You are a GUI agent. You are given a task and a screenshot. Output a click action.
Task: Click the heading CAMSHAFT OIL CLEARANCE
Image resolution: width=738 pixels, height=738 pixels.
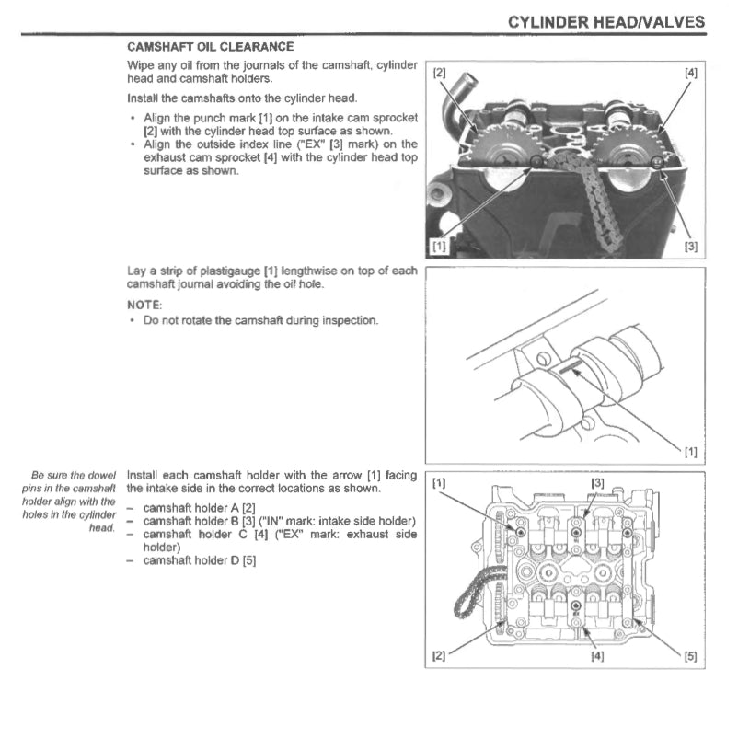210,46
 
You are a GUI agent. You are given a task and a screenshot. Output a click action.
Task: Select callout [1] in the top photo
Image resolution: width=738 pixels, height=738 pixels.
439,247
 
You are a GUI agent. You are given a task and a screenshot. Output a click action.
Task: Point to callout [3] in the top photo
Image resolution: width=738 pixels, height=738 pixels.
690,247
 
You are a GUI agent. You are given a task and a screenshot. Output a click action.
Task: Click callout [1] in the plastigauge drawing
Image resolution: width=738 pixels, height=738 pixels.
690,451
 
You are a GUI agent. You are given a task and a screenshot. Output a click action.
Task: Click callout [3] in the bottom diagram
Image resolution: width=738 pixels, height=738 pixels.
598,483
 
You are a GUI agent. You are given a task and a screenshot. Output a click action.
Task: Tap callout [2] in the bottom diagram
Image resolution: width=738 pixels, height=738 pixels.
439,656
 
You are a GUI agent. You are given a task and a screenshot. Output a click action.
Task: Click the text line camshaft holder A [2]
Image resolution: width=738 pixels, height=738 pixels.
199,507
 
